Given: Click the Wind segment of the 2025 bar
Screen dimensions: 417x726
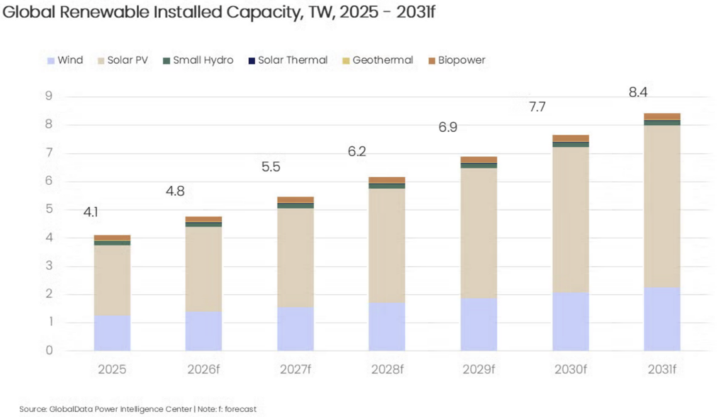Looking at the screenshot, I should point(112,333).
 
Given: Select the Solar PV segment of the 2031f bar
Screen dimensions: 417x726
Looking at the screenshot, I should point(662,206).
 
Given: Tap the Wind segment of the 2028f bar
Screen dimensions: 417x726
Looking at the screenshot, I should point(387,326).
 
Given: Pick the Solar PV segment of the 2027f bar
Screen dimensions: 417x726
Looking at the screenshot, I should point(296,257).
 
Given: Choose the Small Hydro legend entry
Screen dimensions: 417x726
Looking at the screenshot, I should point(203,60).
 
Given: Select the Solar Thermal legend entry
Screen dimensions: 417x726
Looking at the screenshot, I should point(286,60).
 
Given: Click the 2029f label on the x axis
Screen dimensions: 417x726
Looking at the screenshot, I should point(479,370).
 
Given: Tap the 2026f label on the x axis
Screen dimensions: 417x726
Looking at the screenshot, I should point(203,370).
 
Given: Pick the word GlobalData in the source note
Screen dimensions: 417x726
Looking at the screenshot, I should point(73,409).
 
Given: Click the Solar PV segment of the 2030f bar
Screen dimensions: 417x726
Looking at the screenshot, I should point(571,220).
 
